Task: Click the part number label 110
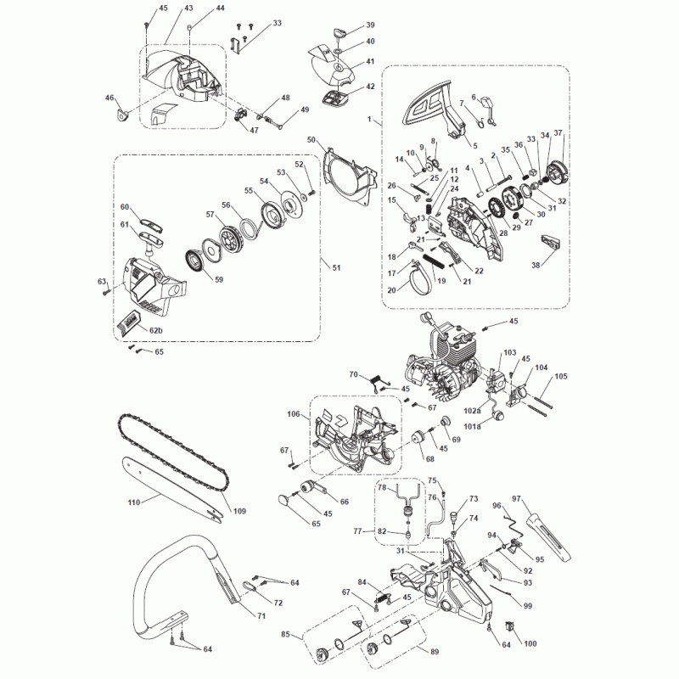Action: point(133,502)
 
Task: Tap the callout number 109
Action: point(239,511)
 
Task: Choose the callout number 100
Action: point(530,644)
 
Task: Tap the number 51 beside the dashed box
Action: point(336,268)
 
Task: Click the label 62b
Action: point(156,330)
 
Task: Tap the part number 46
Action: point(109,98)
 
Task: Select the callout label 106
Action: point(294,415)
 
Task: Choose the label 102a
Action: point(473,411)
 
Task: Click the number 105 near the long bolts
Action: point(561,376)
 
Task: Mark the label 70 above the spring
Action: point(355,374)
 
